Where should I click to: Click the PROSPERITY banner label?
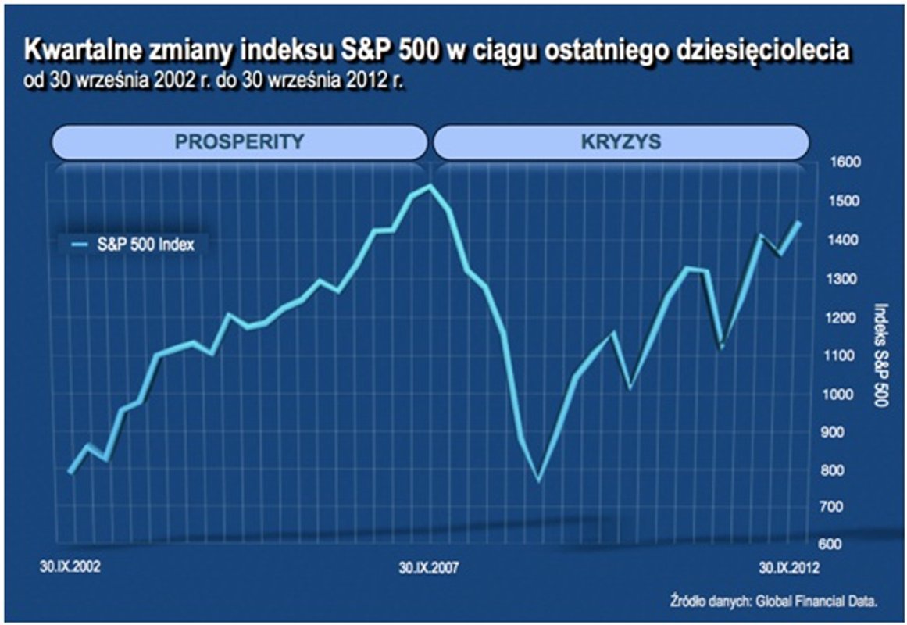pyautogui.click(x=238, y=143)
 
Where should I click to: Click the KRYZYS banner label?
pyautogui.click(x=621, y=143)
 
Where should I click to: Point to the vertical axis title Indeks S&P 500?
pyautogui.click(x=880, y=355)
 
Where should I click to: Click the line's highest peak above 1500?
pyautogui.click(x=430, y=186)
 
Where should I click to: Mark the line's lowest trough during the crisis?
pyautogui.click(x=538, y=480)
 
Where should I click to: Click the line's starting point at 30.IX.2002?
pyautogui.click(x=71, y=472)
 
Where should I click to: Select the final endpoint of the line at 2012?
pyautogui.click(x=798, y=223)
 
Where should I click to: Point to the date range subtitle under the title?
pyautogui.click(x=216, y=81)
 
